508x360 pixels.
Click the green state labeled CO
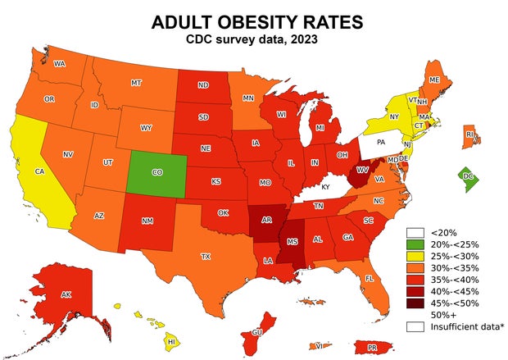pos(156,173)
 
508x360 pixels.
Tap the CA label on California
pos(39,171)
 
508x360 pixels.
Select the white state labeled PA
pos(380,142)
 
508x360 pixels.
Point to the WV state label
pos(362,169)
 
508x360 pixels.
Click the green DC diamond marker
pos(468,176)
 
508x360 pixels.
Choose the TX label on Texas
pos(206,257)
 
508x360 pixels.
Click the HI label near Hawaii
pos(171,340)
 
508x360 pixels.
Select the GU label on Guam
pos(256,332)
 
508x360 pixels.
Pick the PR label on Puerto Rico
pos(371,348)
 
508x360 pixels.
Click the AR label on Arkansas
pos(266,221)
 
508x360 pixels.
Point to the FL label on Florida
pos(370,278)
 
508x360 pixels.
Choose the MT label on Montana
pos(136,83)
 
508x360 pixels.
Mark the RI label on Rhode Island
pos(469,134)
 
